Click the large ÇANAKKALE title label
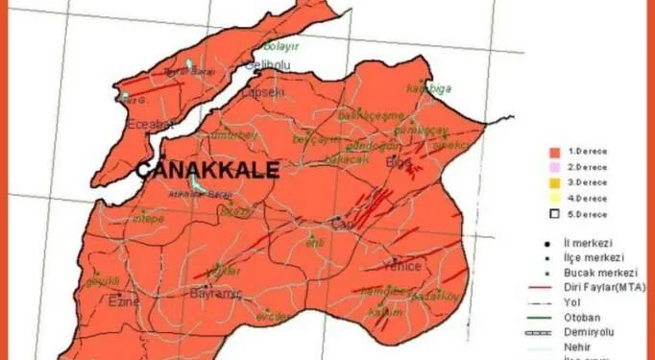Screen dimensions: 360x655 point(207,171)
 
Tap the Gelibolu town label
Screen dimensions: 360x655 point(267,64)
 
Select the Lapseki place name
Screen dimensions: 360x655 point(265,92)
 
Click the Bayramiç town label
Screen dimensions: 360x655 point(213,291)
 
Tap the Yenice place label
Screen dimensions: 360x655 point(401,265)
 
